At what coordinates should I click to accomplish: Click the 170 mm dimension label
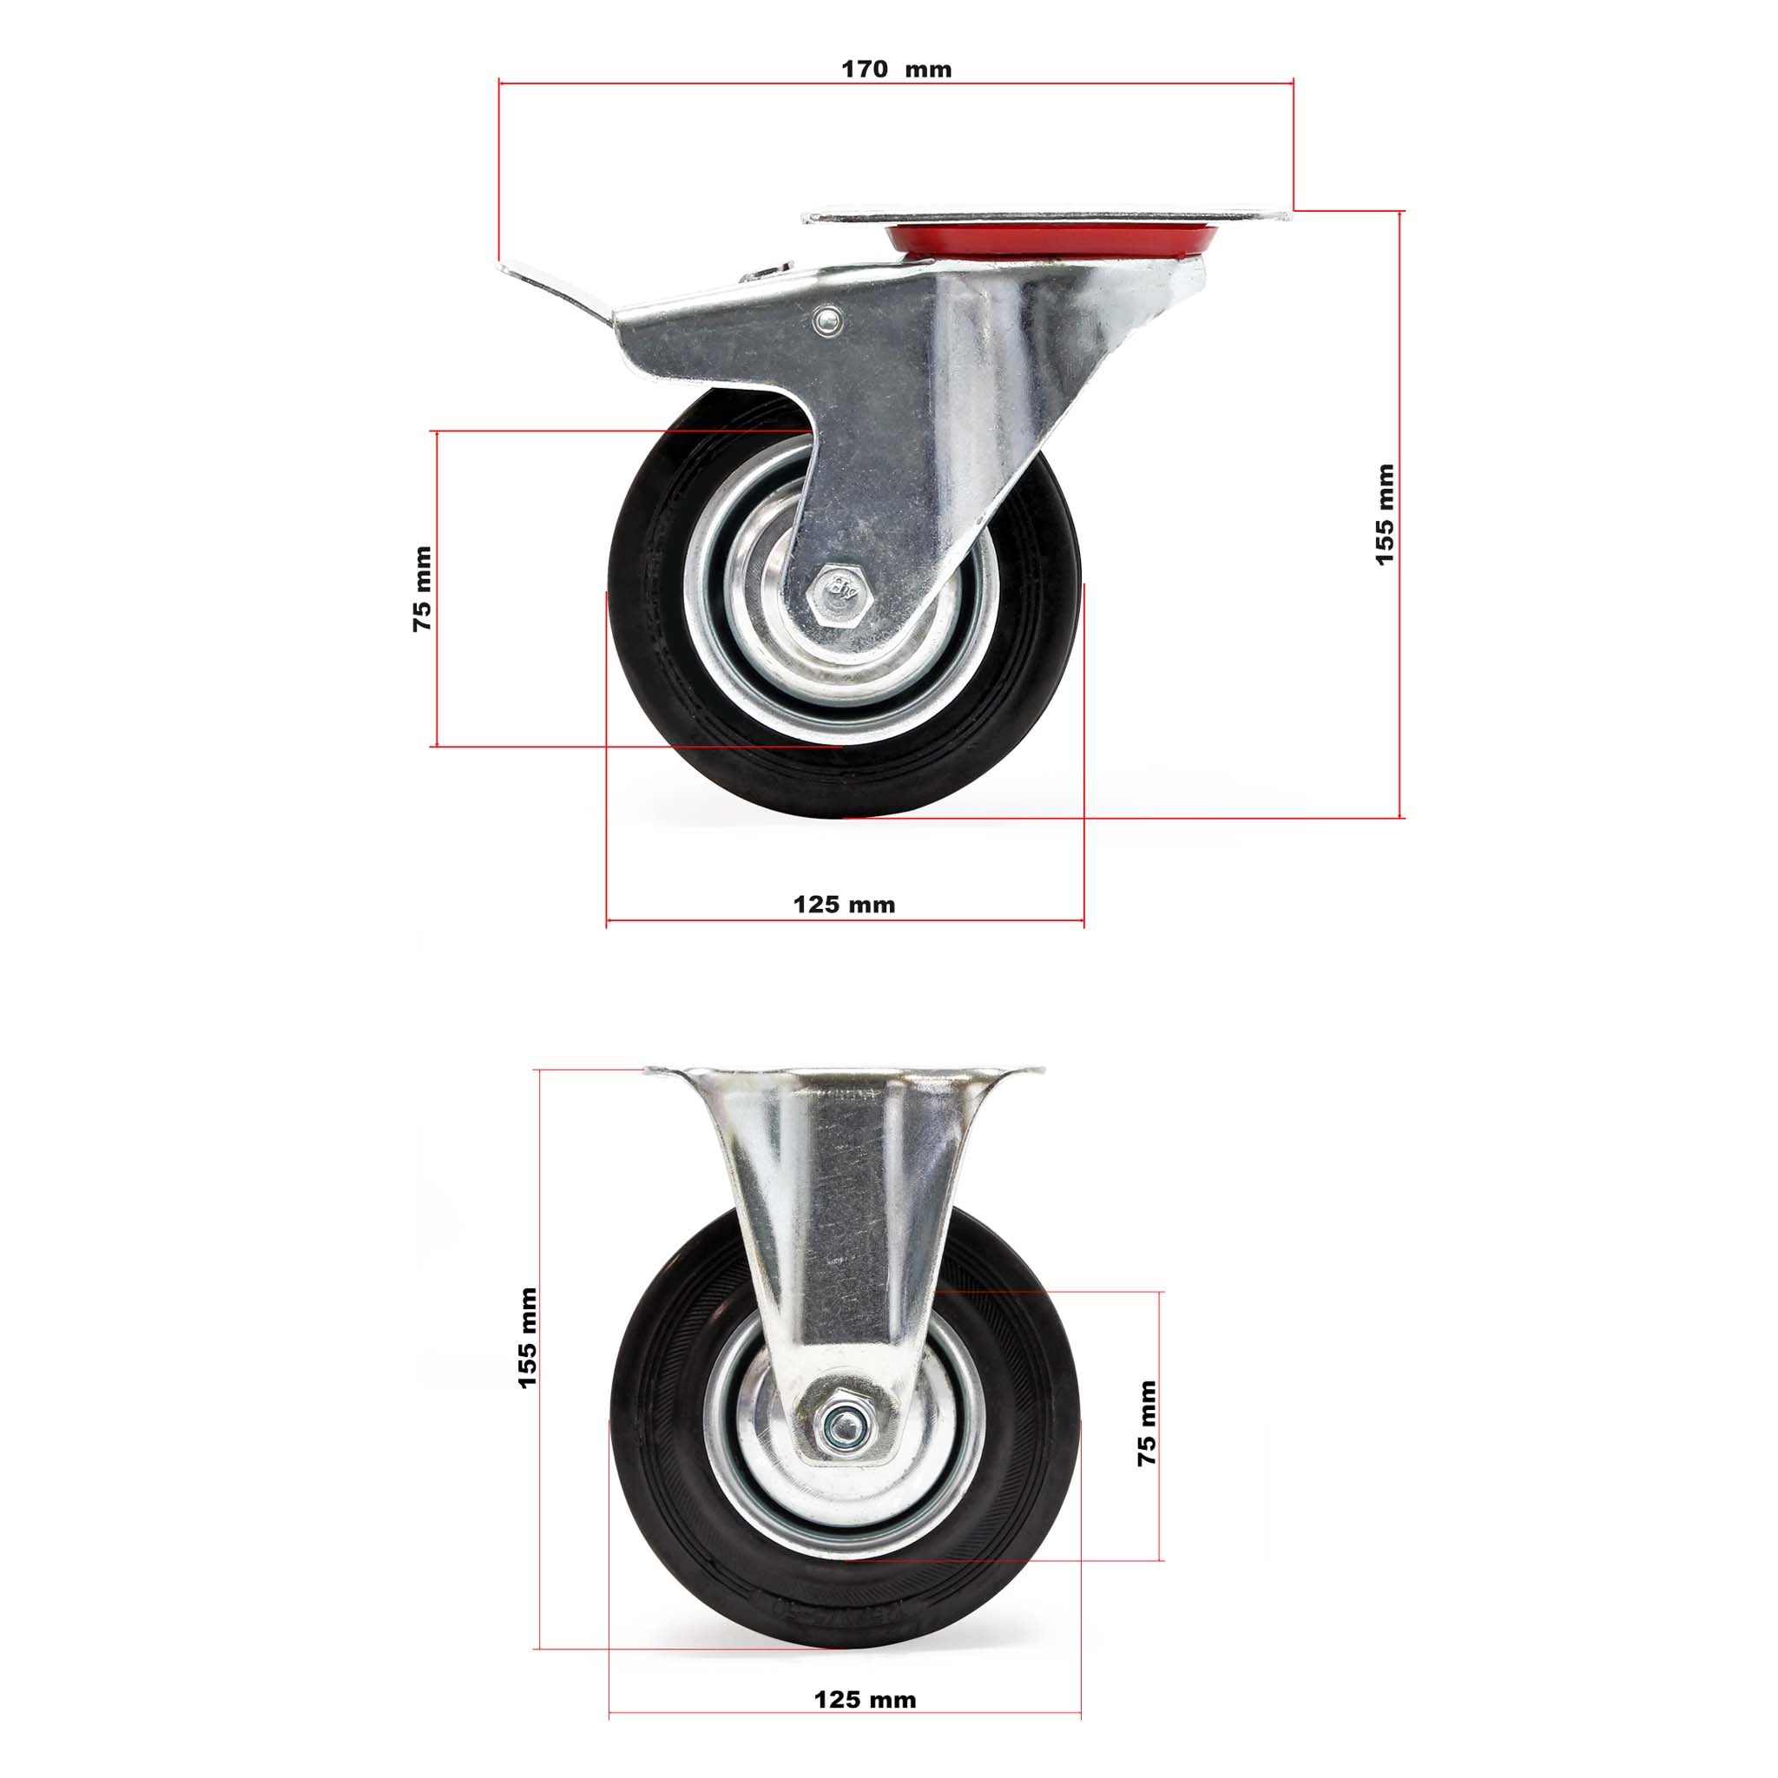896,70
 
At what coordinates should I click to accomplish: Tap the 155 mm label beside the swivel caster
1384,515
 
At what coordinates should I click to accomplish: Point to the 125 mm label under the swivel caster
844,905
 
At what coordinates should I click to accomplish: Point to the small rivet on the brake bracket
827,320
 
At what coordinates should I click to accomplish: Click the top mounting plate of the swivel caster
1040,216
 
